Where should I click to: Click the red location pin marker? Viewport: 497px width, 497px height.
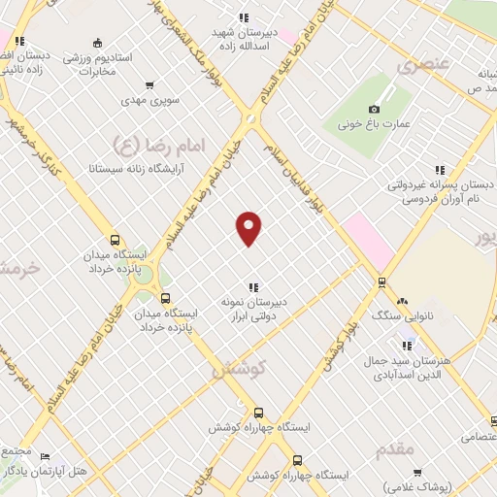click(x=249, y=227)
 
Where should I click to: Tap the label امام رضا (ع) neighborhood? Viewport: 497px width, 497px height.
click(x=155, y=145)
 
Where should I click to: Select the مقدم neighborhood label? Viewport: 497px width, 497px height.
click(x=393, y=448)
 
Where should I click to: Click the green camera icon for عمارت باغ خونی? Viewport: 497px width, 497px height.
click(x=374, y=108)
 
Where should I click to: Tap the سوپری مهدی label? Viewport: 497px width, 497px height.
click(x=149, y=101)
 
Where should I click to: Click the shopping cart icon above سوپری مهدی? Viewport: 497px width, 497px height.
click(x=149, y=85)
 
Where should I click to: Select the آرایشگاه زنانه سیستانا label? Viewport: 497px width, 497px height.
click(x=130, y=167)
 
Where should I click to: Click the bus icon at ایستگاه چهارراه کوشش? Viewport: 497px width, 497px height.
click(x=297, y=462)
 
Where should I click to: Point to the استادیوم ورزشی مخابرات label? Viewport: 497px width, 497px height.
click(x=96, y=64)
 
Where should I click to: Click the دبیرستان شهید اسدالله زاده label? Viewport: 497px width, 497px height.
click(x=247, y=39)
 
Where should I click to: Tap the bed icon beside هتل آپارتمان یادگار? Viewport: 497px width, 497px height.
click(x=45, y=456)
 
